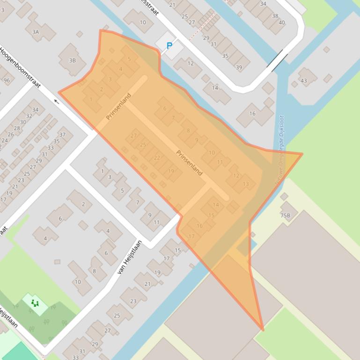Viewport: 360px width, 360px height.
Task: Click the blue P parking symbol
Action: [169, 46]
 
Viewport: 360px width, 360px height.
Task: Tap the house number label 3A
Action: [36, 32]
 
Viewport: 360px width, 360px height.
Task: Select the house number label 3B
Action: [72, 60]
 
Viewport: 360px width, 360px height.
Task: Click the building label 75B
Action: [285, 216]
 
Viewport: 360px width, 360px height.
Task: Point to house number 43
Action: [304, 80]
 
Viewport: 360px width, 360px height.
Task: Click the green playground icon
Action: [35, 303]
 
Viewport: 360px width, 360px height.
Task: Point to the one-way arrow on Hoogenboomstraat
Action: [59, 101]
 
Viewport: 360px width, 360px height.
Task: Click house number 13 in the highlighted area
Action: [246, 184]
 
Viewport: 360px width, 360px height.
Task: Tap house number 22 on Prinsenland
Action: [157, 158]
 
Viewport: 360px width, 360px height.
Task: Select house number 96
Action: [7, 80]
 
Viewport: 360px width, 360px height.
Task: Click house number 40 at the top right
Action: [281, 22]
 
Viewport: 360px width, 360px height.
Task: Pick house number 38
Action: [275, 16]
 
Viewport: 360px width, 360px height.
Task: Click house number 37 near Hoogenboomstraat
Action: [62, 135]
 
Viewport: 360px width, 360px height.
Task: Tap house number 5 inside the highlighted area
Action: [129, 59]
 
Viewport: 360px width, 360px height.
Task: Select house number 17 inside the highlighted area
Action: [191, 237]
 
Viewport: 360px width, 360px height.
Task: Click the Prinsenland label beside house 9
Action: [189, 162]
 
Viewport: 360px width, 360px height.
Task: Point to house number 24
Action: [5, 140]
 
